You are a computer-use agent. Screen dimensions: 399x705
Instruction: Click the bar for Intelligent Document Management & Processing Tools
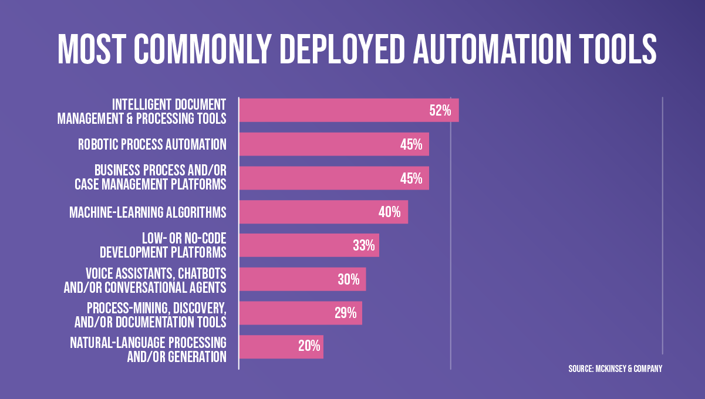[329, 110]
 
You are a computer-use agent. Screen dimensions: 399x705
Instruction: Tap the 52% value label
[440, 110]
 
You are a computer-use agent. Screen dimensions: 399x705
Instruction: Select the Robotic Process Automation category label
[152, 144]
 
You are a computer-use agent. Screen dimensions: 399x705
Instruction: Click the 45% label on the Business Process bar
[411, 178]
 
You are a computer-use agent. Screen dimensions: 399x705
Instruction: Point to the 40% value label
[389, 212]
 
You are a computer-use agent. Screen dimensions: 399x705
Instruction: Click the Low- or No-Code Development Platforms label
[163, 246]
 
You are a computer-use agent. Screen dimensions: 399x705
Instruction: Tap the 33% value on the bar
[363, 246]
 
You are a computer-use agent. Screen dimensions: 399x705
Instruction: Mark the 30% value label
[348, 280]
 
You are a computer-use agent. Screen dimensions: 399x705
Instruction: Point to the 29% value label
[345, 313]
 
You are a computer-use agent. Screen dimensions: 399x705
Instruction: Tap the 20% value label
[309, 347]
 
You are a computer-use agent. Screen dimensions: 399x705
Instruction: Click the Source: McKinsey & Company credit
[615, 368]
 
